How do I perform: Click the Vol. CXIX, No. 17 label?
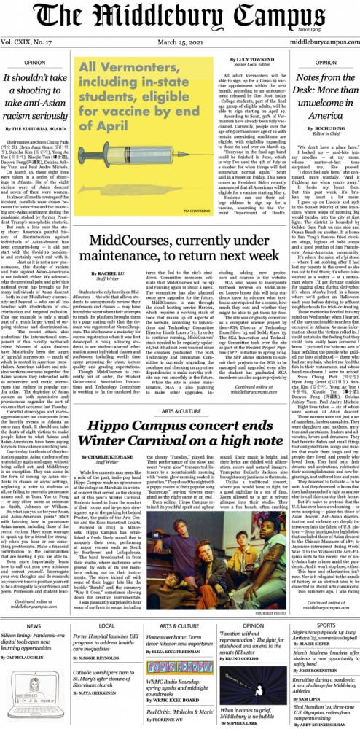pos(31,45)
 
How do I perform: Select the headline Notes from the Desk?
pos(312,93)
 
